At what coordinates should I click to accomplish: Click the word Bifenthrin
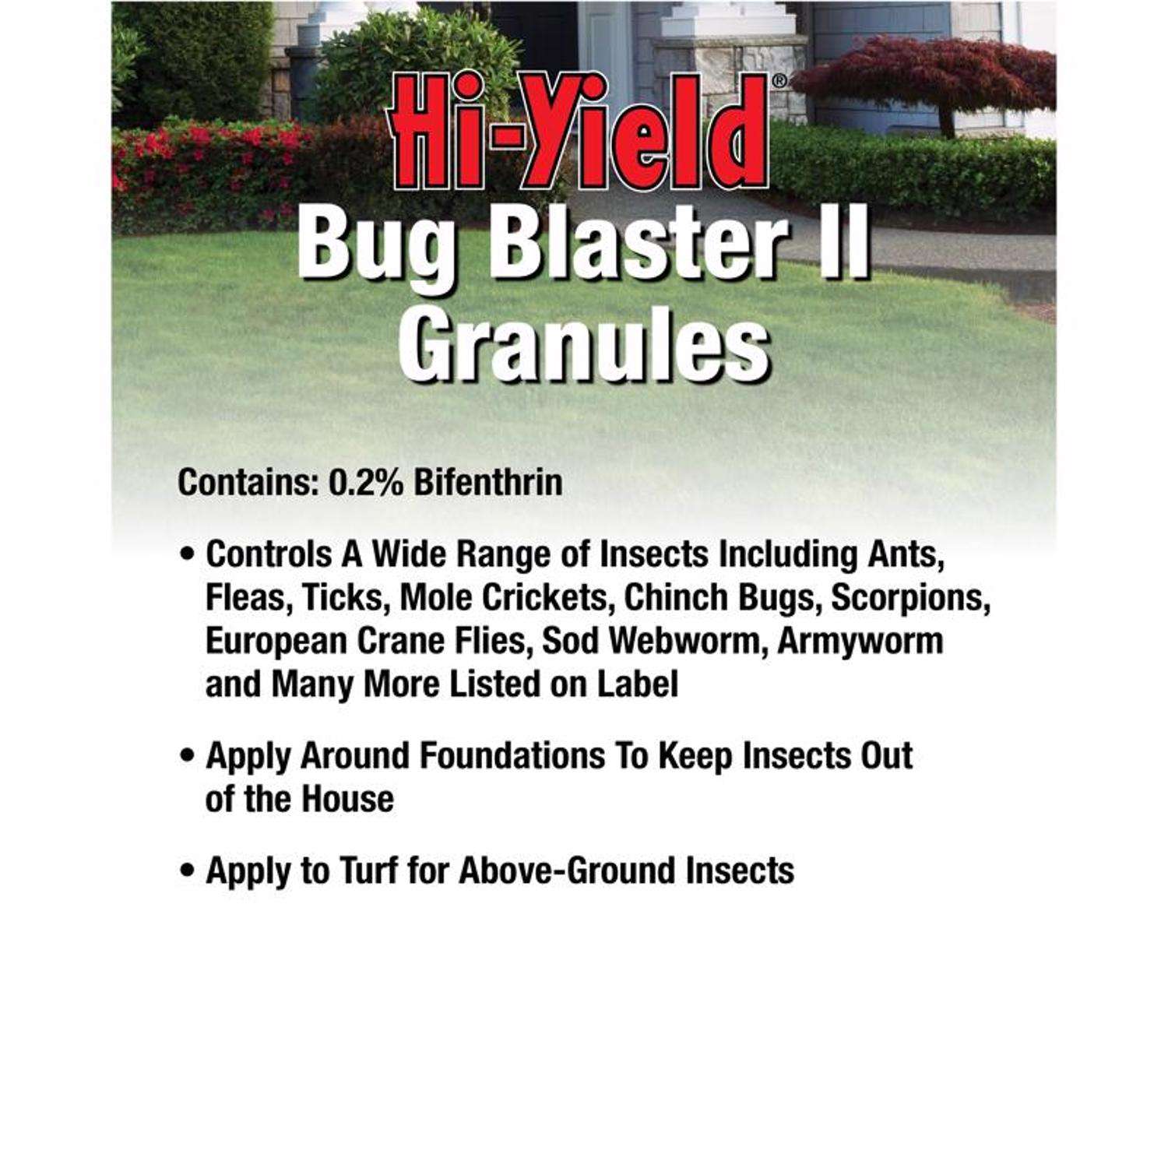pos(488,482)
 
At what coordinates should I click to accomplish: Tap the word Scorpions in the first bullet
pos(911,598)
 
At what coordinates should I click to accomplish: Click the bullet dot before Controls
pos(187,556)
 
